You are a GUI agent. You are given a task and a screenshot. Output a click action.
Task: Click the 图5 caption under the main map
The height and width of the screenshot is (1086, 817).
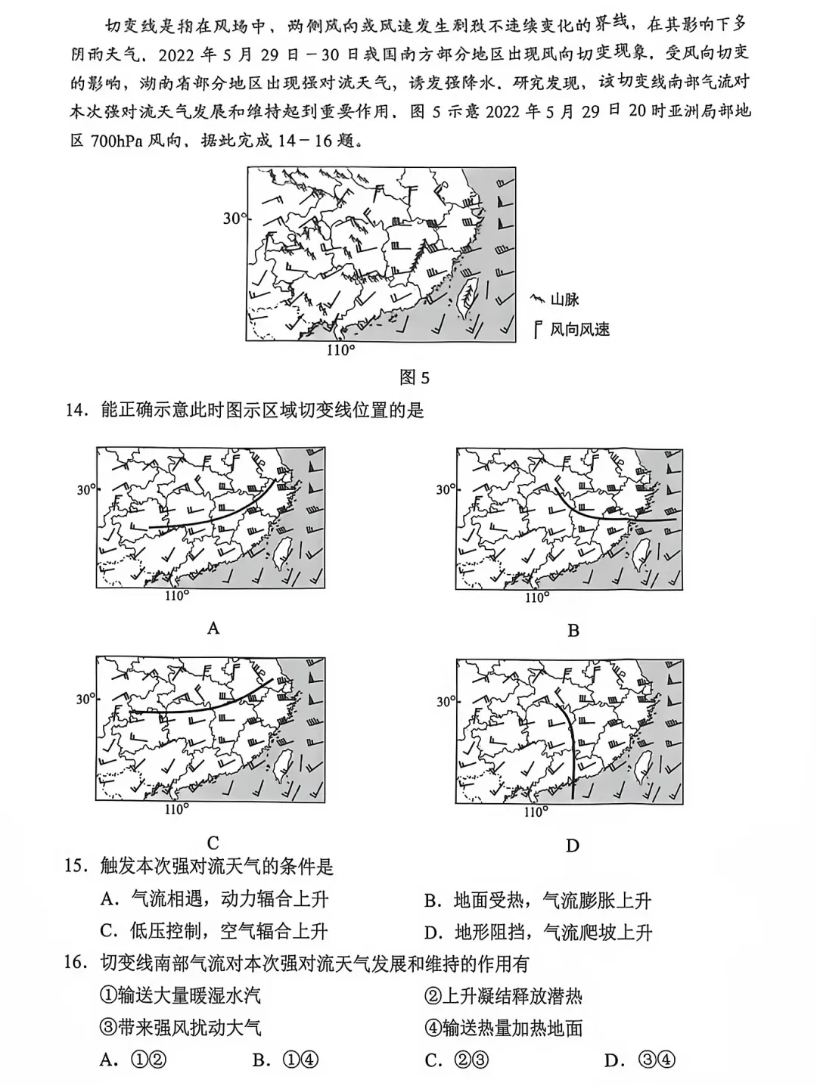click(415, 378)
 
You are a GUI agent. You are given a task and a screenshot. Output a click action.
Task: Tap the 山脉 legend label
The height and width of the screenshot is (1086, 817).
click(564, 299)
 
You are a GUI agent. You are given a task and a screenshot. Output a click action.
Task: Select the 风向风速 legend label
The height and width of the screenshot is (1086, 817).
click(579, 330)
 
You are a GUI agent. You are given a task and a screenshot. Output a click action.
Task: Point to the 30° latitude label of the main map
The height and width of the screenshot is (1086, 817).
click(235, 219)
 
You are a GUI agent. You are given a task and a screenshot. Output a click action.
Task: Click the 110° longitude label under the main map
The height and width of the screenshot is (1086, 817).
click(341, 350)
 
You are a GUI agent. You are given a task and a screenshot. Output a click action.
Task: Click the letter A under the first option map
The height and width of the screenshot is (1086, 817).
click(213, 628)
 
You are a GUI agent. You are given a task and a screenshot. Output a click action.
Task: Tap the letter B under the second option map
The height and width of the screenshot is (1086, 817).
click(573, 630)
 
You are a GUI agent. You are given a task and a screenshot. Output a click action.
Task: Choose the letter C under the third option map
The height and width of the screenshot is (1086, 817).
click(213, 842)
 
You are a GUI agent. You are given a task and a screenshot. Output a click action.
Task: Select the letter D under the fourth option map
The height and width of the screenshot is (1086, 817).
click(572, 846)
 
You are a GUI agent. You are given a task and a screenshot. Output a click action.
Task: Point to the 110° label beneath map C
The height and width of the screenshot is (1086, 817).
click(177, 809)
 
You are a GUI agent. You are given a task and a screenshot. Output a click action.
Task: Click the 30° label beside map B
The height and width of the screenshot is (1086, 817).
click(446, 489)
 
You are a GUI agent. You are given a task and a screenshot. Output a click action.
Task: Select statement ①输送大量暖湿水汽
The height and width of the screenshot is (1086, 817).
click(180, 995)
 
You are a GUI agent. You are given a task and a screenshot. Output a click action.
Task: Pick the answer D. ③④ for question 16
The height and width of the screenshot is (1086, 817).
click(640, 1060)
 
